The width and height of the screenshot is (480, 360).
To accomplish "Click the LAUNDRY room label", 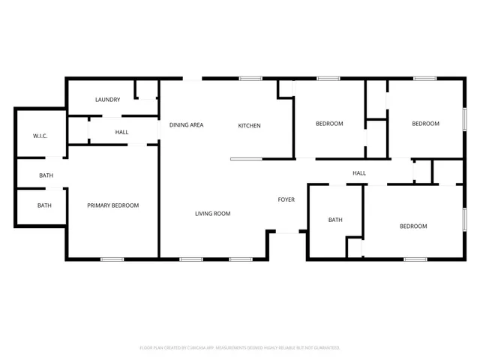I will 107,100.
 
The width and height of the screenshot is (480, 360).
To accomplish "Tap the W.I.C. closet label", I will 40,136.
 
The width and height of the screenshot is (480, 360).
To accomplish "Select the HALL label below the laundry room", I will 121,132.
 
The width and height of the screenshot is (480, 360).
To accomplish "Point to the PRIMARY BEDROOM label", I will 112,205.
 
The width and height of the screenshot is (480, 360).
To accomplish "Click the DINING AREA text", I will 186,125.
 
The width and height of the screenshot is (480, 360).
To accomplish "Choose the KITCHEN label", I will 249,125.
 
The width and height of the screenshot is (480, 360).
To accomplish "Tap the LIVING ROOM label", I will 212,214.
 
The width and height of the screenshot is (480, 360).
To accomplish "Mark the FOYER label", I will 286,199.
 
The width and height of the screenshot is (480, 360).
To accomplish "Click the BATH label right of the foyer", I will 335,220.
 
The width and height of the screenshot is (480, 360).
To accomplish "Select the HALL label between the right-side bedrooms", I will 359,173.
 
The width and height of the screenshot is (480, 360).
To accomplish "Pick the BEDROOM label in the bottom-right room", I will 412,226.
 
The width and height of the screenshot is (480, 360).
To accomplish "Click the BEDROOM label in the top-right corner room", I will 425,124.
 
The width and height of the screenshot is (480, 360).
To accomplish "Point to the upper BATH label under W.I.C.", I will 46,175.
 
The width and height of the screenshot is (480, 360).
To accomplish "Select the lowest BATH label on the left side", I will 44,205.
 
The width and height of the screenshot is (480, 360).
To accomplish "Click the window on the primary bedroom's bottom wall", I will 112,259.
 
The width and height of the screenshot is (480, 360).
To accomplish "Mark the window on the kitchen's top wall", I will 250,78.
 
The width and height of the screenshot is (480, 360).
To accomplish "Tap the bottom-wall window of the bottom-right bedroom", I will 415,259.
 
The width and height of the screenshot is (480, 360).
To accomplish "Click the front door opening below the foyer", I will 286,232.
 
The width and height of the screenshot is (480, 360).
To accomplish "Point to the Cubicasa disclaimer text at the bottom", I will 240,348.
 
